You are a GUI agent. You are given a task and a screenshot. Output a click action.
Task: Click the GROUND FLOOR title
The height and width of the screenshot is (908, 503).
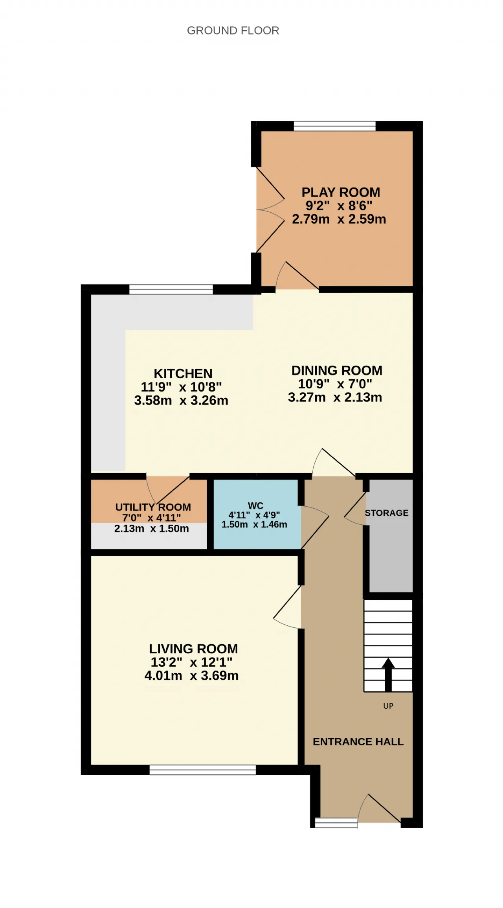pyautogui.click(x=233, y=31)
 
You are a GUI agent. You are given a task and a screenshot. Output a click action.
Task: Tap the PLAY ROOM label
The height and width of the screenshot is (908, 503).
pyautogui.click(x=341, y=192)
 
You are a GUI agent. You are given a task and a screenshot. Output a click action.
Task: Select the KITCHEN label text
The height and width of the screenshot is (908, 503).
pyautogui.click(x=183, y=373)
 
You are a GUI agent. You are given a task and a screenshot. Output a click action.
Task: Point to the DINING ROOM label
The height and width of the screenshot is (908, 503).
pyautogui.click(x=337, y=371)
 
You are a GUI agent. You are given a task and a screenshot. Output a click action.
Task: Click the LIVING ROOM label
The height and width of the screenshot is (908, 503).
pyautogui.click(x=193, y=649)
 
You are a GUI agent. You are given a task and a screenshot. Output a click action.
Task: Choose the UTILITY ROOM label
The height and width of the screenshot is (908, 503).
pyautogui.click(x=153, y=507)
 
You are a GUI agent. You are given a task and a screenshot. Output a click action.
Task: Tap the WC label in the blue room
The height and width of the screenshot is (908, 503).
pyautogui.click(x=255, y=505)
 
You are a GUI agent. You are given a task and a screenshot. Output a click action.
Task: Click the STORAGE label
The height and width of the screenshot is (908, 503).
pyautogui.click(x=387, y=513)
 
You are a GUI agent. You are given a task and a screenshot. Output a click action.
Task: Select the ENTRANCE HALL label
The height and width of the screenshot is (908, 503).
pyautogui.click(x=358, y=742)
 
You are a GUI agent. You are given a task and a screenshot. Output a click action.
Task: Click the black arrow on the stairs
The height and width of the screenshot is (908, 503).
pyautogui.click(x=388, y=675)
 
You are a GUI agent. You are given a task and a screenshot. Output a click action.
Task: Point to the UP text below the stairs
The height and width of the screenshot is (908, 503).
pyautogui.click(x=388, y=706)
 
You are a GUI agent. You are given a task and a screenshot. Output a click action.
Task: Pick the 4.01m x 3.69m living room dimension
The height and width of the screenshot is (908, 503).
pyautogui.click(x=192, y=676)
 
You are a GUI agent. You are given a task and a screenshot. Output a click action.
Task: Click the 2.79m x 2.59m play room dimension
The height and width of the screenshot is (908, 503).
pyautogui.click(x=339, y=219)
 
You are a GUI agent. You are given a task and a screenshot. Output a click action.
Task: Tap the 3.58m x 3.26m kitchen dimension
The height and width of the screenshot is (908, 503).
pyautogui.click(x=181, y=400)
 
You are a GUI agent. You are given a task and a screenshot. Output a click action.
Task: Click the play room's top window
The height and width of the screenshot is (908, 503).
pyautogui.click(x=335, y=126)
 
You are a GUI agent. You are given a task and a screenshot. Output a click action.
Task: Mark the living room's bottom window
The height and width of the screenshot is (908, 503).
pyautogui.click(x=203, y=770)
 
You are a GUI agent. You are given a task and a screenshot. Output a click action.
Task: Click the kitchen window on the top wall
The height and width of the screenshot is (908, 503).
pyautogui.click(x=171, y=289)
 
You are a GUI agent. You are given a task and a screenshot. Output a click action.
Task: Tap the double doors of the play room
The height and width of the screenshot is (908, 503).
pyautogui.click(x=270, y=210)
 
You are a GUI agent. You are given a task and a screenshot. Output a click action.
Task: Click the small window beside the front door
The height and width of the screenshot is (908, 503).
pyautogui.click(x=336, y=823)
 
